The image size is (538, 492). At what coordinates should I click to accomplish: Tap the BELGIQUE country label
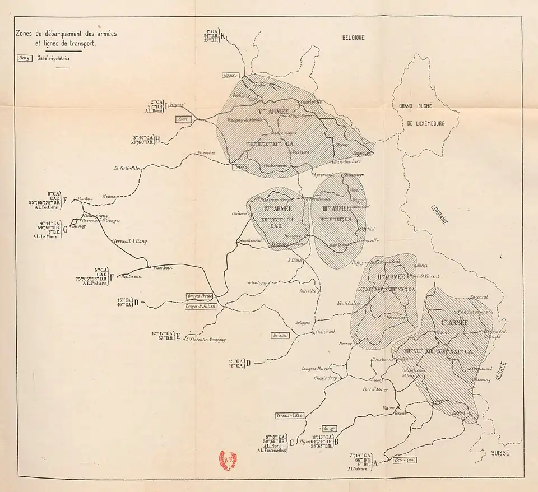click(354, 38)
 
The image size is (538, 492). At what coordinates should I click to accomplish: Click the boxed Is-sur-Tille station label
click(289, 415)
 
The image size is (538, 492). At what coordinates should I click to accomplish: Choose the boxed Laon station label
click(183, 119)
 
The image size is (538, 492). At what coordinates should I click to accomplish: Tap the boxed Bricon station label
click(280, 335)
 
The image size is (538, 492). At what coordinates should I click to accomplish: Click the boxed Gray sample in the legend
click(25, 58)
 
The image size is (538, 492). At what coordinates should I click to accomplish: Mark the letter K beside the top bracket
click(222, 37)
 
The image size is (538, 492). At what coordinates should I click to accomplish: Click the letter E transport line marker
click(178, 336)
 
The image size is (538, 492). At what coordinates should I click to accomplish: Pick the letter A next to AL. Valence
click(375, 463)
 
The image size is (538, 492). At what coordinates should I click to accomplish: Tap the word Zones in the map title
click(26, 34)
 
